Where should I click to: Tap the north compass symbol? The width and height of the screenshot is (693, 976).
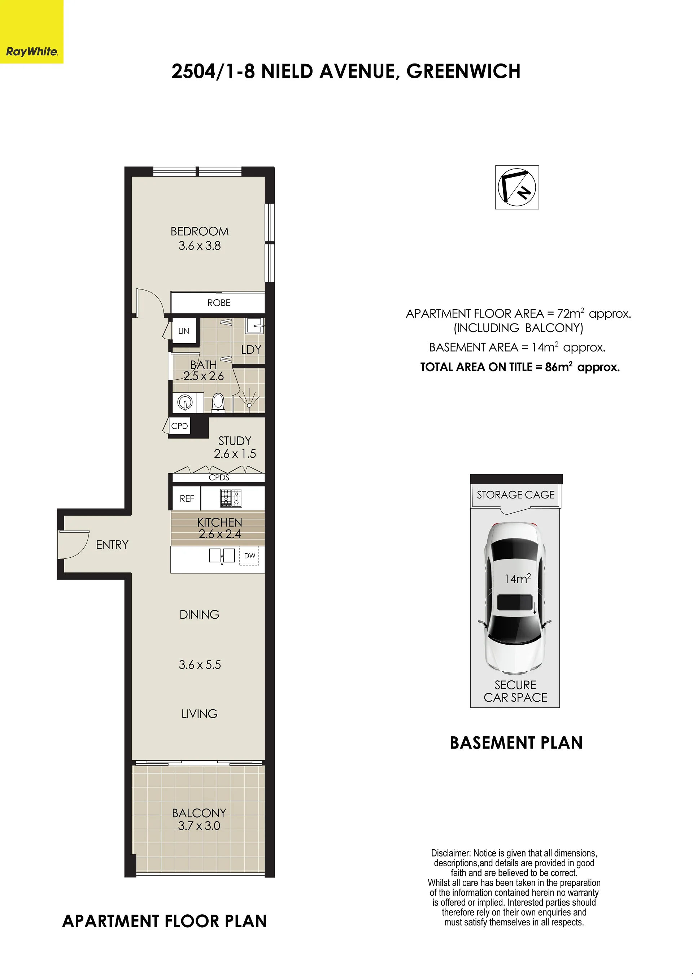pos(517,187)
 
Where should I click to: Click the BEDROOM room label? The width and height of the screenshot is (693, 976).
pos(200,231)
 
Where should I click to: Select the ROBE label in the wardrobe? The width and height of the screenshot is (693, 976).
pos(219,302)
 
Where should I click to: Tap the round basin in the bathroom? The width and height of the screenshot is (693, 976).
pos(185,402)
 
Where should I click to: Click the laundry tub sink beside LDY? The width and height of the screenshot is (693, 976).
pos(255,326)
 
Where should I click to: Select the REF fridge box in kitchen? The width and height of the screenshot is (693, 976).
pos(187,498)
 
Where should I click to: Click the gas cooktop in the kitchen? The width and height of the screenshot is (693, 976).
pos(231,498)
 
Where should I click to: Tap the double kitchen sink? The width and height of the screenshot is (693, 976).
pos(222,555)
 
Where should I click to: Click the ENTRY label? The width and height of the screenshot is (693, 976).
pos(112,545)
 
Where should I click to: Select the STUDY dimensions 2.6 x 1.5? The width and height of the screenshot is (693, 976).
pos(235,454)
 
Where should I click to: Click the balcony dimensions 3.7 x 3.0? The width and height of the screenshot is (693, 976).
pos(199,825)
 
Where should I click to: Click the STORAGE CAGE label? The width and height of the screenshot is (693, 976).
pos(515,494)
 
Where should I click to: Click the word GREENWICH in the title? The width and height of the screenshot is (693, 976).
pos(463,71)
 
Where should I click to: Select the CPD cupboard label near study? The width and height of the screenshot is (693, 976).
pos(180,426)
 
